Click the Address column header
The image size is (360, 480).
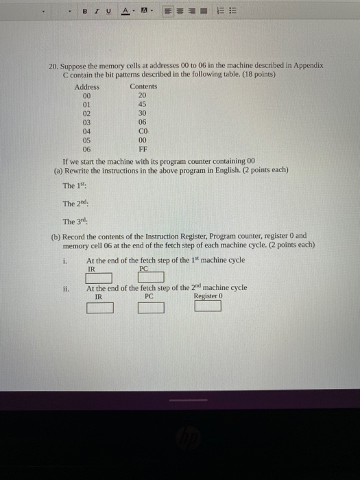(x=87, y=86)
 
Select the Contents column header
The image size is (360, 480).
(x=143, y=86)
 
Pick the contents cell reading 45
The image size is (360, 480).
(x=143, y=104)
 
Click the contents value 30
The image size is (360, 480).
(x=143, y=113)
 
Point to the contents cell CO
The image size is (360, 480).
(x=143, y=130)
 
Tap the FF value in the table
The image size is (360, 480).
(x=143, y=148)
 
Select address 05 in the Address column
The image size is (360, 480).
(x=86, y=139)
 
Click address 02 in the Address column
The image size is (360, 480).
(x=86, y=113)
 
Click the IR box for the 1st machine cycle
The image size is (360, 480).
(x=99, y=278)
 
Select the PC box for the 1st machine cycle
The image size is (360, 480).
(x=152, y=278)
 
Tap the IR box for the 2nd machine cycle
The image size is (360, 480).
(x=99, y=307)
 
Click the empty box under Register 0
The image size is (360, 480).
(x=207, y=306)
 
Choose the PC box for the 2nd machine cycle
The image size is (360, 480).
(x=152, y=307)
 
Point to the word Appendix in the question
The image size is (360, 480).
(x=309, y=66)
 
